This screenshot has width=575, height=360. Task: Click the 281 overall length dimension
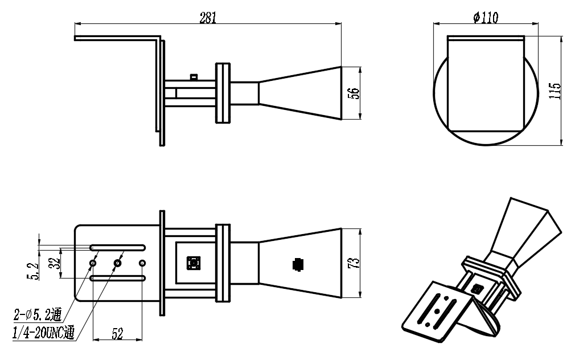(x=208, y=18)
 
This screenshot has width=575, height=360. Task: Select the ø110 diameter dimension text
(x=486, y=17)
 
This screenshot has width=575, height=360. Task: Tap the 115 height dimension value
(x=556, y=91)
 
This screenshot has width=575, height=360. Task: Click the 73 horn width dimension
(x=355, y=263)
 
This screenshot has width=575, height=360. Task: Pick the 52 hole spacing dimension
(x=117, y=334)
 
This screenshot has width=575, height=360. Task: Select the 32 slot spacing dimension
(x=55, y=263)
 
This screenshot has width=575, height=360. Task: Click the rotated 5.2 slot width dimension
(x=32, y=271)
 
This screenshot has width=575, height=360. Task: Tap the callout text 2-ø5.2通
(x=38, y=314)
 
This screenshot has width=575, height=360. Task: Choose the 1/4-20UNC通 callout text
(x=44, y=333)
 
